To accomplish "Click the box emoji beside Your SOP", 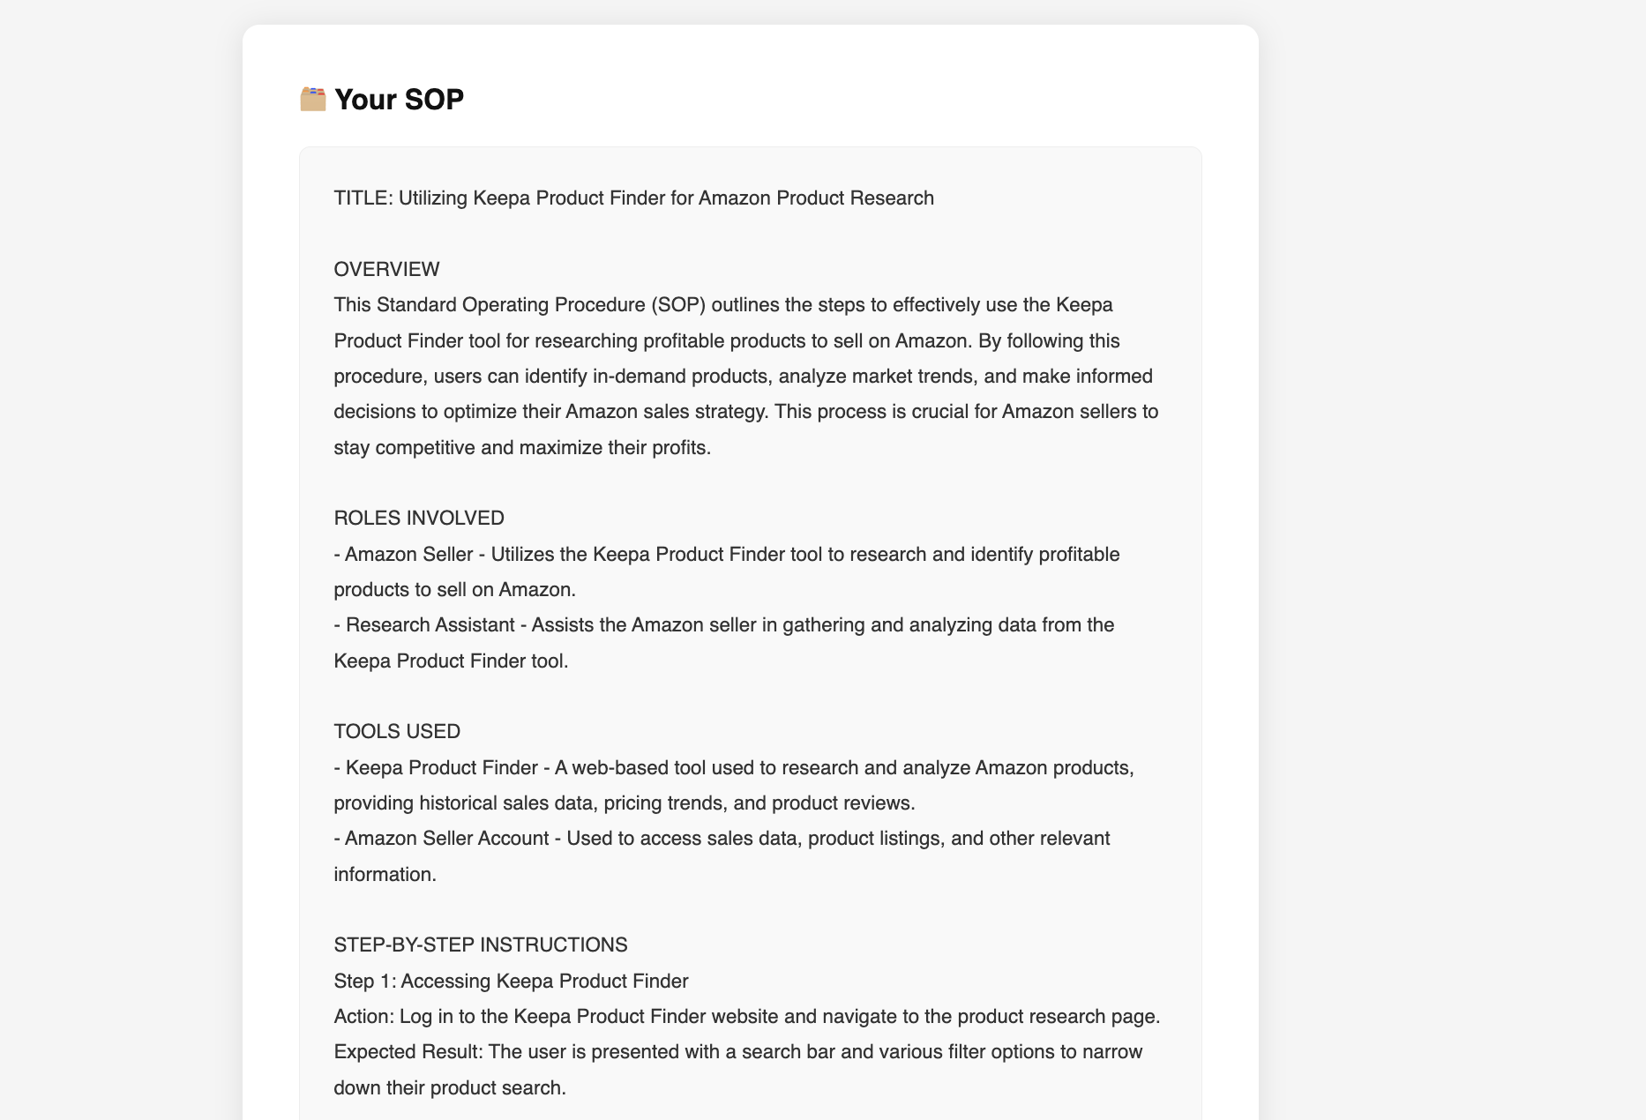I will [x=312, y=99].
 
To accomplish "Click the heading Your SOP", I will [x=399, y=100].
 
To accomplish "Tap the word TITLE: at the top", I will [x=363, y=198].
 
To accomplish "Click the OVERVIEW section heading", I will [x=386, y=269].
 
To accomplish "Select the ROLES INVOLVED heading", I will [x=419, y=518].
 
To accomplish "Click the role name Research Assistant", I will [x=430, y=625].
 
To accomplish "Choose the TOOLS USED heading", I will [x=397, y=731].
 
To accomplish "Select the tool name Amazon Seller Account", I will [x=446, y=839].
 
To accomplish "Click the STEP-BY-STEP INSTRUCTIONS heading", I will [x=481, y=945].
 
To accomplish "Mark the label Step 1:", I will [x=364, y=981].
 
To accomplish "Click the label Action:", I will [x=364, y=1017].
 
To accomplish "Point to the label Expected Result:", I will [x=408, y=1052].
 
